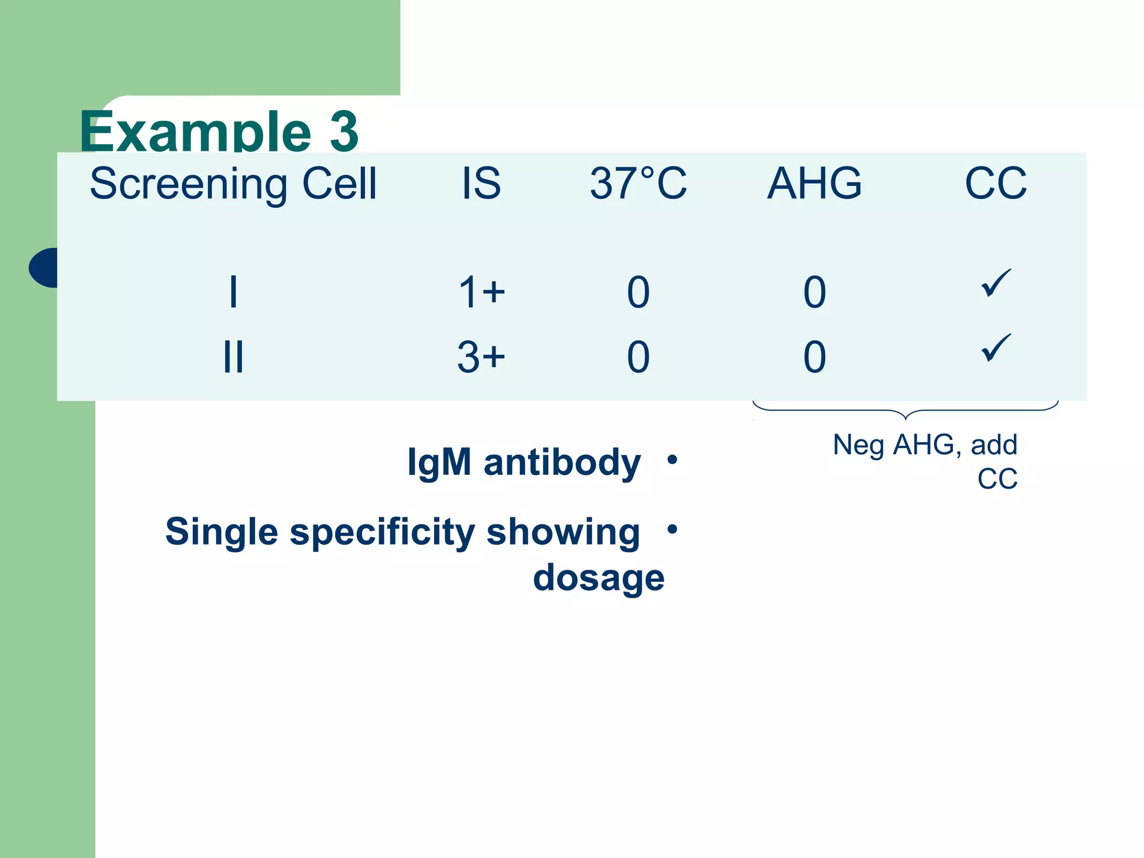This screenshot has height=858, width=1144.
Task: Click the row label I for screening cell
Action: click(x=233, y=292)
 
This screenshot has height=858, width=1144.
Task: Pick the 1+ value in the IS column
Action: click(x=481, y=292)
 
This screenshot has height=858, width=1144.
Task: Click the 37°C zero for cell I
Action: click(x=638, y=292)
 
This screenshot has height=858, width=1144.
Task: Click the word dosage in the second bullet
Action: click(x=599, y=578)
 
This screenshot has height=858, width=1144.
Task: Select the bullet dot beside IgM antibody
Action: click(x=673, y=460)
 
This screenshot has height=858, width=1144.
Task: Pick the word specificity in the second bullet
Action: click(x=382, y=532)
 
